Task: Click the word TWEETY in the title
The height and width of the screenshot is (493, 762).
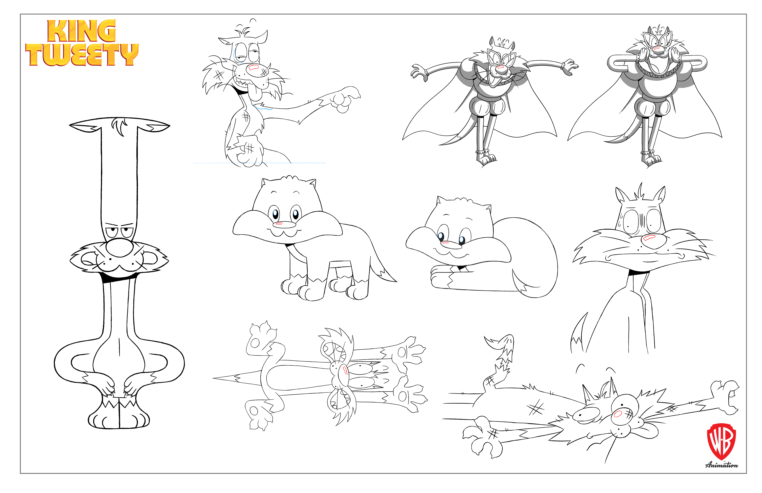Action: [82, 55]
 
